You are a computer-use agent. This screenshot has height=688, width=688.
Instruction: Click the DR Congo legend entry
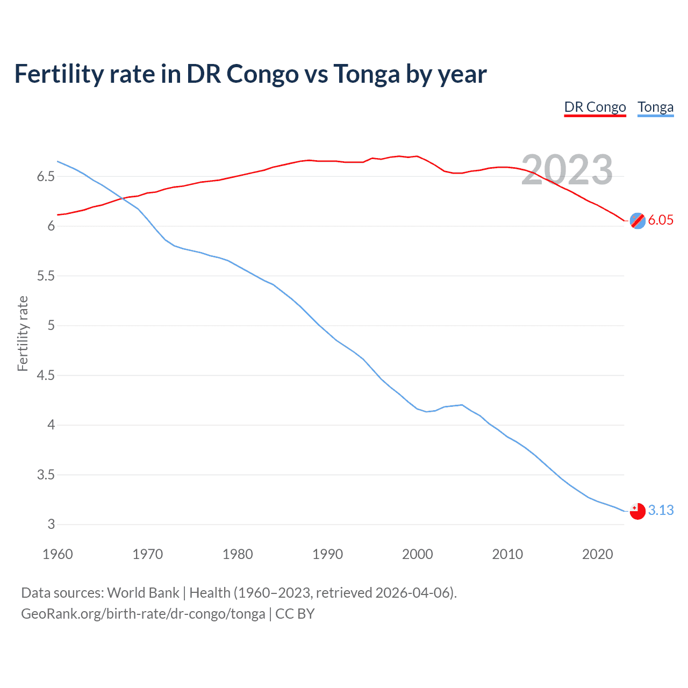595,107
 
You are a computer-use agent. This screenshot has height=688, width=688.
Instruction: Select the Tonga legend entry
655,107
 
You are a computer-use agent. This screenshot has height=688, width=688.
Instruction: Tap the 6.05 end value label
661,220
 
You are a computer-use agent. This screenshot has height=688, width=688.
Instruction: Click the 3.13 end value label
661,510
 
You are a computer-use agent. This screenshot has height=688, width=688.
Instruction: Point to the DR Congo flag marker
637,220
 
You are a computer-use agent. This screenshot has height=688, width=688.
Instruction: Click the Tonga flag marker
637,511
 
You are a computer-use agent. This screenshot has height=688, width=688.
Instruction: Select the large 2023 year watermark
567,170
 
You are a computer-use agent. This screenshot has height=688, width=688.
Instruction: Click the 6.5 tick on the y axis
46,177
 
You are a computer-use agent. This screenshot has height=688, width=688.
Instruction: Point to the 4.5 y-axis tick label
46,376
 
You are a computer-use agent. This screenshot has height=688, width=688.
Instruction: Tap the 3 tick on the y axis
51,525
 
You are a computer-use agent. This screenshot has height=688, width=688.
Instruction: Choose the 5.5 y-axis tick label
46,276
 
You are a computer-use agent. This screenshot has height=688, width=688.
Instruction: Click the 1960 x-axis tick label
58,554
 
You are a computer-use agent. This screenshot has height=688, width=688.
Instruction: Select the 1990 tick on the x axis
327,554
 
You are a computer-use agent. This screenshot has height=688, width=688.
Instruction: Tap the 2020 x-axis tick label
597,554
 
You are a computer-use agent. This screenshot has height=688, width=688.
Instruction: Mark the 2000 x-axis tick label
417,554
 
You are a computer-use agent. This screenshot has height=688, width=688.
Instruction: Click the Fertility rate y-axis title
23,333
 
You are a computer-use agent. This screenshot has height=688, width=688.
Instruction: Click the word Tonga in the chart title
367,74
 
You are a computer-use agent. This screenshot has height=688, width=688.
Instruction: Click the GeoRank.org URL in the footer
143,614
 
